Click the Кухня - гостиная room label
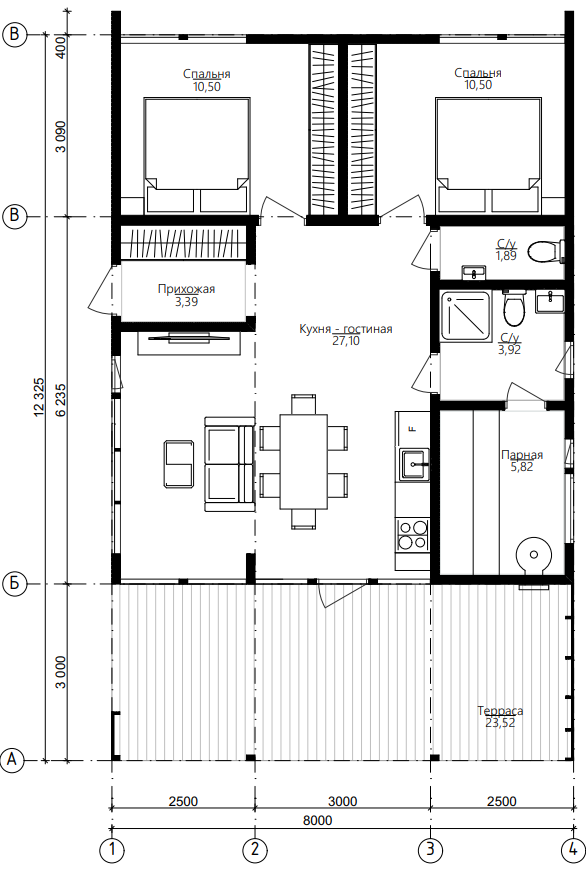(x=345, y=329)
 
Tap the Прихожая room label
(x=186, y=289)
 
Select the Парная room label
(x=522, y=455)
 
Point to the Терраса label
(x=500, y=711)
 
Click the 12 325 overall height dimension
(x=39, y=397)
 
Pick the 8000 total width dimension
(x=318, y=820)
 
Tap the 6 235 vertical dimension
(x=60, y=399)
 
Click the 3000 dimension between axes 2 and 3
(x=342, y=801)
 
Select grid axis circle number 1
(x=113, y=849)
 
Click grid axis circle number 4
(x=572, y=849)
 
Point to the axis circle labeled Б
(x=14, y=584)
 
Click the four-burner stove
(x=413, y=534)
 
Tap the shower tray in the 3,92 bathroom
(x=466, y=316)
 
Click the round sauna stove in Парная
(x=534, y=554)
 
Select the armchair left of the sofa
(x=179, y=463)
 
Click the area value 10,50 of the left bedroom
(x=206, y=87)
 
